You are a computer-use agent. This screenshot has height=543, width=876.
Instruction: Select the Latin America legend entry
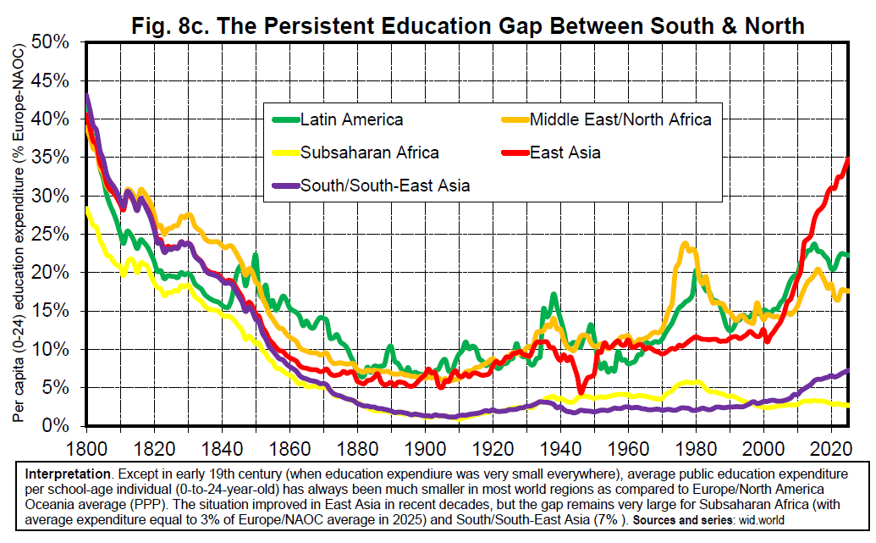coord(351,119)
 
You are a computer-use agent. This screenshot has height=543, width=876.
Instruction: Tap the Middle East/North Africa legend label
coord(620,119)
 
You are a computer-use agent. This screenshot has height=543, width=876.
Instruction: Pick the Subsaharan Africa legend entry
coord(369,152)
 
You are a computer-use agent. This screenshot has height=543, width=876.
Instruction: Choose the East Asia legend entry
coord(565,152)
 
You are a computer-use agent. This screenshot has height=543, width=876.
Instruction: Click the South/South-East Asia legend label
coord(385,185)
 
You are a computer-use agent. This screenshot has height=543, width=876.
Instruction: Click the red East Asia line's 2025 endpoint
coord(848,159)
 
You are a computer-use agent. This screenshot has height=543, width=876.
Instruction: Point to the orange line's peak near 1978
coord(686,246)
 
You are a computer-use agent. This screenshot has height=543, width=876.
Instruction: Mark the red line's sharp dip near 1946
coord(581,391)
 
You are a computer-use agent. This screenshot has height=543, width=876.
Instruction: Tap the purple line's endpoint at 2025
coord(848,370)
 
